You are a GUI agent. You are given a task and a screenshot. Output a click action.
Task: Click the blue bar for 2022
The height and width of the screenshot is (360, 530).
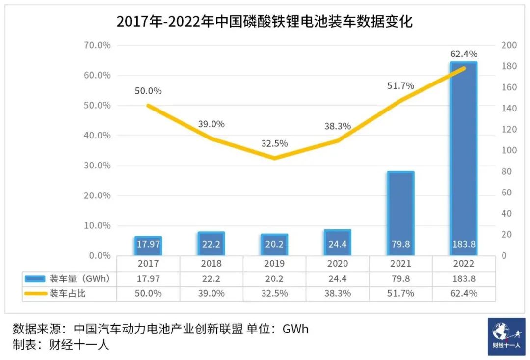463,157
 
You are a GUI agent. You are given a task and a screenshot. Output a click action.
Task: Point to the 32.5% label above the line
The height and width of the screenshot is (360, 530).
274,144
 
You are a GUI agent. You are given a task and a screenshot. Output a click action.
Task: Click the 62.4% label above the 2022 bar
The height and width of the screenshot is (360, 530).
463,54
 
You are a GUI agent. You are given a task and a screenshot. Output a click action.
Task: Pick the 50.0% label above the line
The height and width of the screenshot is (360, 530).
148,91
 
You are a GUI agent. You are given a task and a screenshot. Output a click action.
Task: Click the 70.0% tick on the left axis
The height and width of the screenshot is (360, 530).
98,45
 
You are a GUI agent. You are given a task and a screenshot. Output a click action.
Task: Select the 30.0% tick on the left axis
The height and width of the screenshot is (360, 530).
98,166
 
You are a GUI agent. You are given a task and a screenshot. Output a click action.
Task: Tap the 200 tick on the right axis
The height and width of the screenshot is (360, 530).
509,45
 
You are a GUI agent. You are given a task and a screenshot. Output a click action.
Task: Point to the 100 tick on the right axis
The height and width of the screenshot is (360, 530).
509,150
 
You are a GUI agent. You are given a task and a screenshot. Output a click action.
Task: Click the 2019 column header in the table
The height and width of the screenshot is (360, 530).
274,264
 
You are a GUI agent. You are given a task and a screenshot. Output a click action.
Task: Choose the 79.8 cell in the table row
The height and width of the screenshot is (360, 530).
400,279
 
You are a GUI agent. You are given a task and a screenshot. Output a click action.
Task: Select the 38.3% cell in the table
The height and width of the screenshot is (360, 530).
338,294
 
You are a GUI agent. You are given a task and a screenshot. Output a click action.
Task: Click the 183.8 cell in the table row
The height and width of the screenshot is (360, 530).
463,279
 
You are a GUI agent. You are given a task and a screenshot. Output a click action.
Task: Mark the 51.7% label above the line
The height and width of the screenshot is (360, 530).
400,85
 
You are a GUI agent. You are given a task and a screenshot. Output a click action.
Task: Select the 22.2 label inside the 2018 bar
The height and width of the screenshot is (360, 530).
211,245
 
